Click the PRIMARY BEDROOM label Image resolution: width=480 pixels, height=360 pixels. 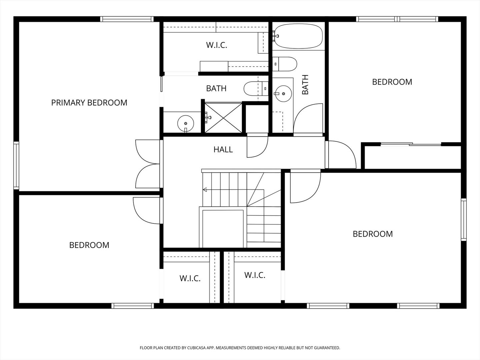pos(89,103)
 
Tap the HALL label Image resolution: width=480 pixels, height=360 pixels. pos(223,150)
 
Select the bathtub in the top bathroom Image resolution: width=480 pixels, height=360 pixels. pos(299,36)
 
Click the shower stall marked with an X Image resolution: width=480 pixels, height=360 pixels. pos(223,118)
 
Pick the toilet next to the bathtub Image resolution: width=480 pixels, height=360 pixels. pos(285,64)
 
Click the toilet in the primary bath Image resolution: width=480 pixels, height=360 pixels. pos(256,89)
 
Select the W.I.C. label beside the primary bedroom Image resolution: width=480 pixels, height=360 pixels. pos(216,45)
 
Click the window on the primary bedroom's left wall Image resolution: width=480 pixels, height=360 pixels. pos(16,165)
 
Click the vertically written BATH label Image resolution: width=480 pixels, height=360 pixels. pos(305,85)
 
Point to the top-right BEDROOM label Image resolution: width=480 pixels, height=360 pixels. pos(392,82)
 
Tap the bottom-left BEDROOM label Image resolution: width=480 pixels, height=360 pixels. pos(89,245)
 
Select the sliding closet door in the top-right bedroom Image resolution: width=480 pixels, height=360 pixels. pos(411,144)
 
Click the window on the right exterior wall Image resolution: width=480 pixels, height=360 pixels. pos(464,219)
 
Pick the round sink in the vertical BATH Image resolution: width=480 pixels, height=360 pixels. pos(283,94)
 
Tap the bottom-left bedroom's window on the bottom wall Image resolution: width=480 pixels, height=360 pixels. pos(133,306)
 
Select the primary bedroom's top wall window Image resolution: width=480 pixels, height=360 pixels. pos(127,19)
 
